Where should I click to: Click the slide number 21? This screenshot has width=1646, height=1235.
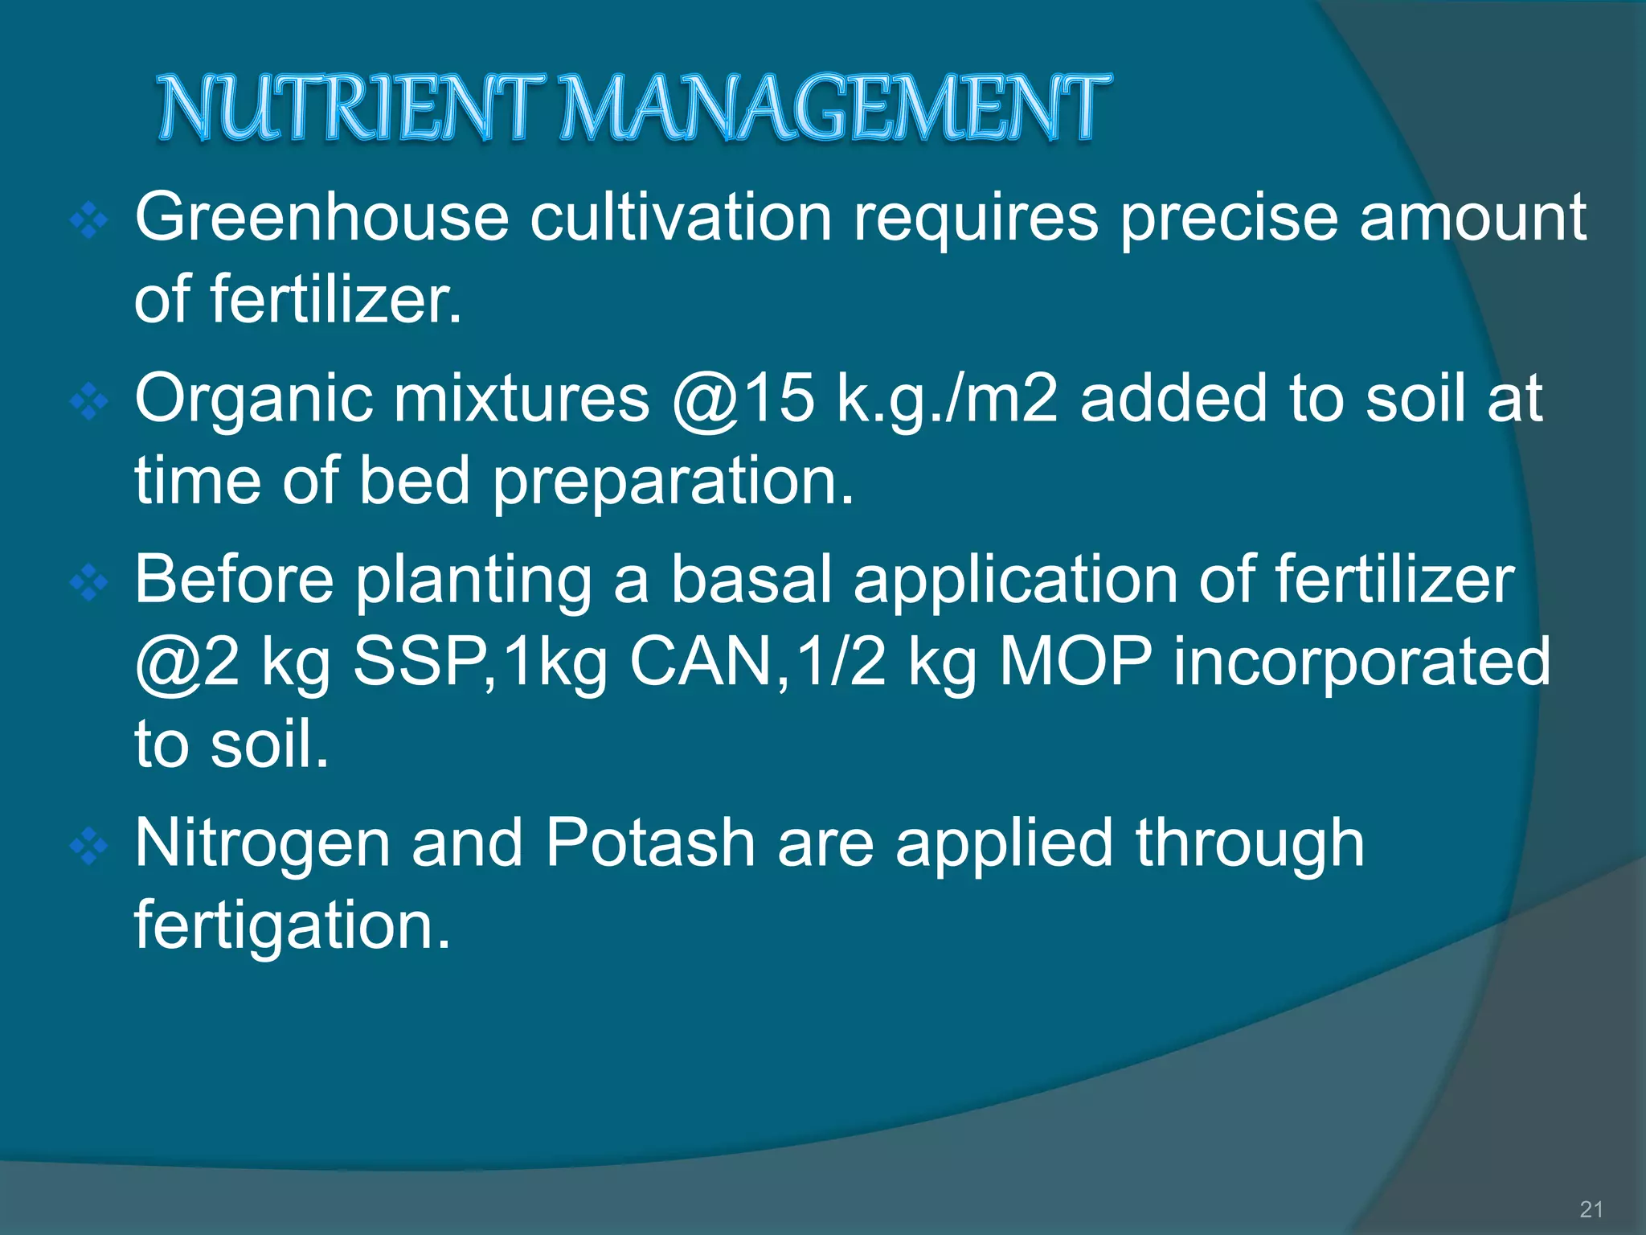tap(1591, 1208)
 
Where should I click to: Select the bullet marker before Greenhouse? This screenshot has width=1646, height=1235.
tap(89, 220)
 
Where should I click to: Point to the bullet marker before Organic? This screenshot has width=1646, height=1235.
tap(89, 401)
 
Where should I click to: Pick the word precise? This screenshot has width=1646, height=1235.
tap(1229, 219)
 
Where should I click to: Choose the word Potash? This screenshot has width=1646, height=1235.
tap(650, 843)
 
